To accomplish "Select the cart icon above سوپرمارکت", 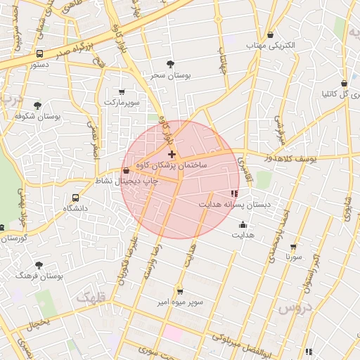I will pos(122,91).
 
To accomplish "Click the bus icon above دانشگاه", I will pos(75,198).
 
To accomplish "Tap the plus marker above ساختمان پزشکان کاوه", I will pos(172,153).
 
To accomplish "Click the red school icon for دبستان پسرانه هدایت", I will pos(234,193).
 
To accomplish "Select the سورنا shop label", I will pos(293,257).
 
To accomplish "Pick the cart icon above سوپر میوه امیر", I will pos(180,291).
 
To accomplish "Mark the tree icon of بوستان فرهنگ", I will pos(38,265).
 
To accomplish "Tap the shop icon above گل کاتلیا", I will pos(344,83).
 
